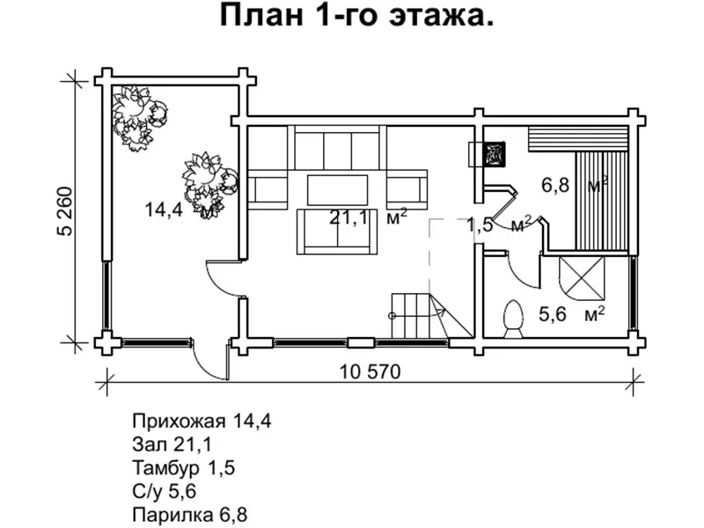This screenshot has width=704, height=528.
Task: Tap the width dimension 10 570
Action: click(370, 371)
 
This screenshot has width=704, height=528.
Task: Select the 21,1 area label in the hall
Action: click(348, 217)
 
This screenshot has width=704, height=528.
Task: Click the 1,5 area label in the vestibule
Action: click(480, 225)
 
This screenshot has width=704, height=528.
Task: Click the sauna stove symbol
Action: click(493, 153)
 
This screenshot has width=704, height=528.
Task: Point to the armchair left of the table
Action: click(269, 189)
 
